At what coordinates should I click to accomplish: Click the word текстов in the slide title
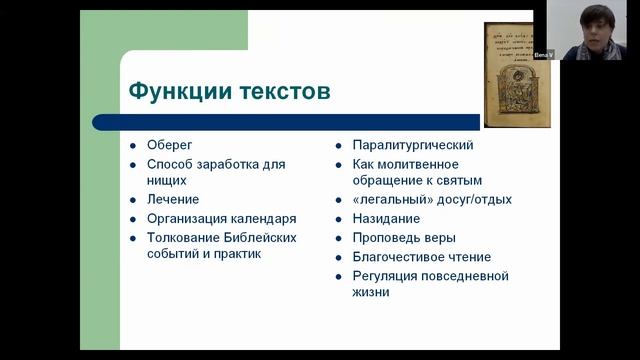pos(280,92)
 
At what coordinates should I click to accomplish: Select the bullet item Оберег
pos(169,145)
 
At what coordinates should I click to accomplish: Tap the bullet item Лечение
pos(174,200)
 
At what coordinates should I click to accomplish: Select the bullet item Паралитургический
pos(413,145)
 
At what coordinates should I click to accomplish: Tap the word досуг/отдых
pos(470,200)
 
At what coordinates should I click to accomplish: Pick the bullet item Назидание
pos(386,218)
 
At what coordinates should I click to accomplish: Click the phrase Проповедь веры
pos(404,237)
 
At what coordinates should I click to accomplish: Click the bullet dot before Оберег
pos(132,146)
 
